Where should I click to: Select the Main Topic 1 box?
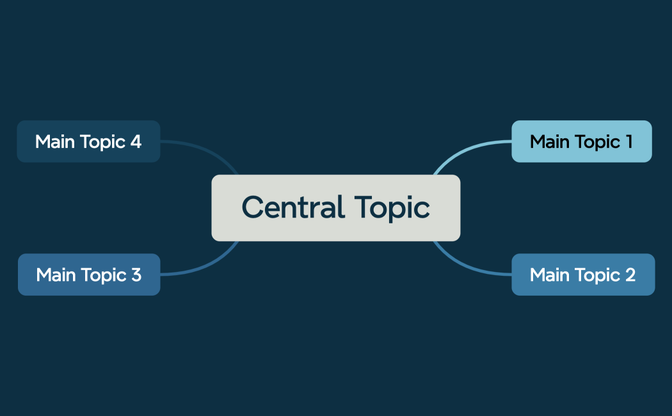[x=581, y=141]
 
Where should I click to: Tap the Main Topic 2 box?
[x=582, y=275]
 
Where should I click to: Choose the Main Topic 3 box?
[x=88, y=275]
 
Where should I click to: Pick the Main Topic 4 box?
[x=88, y=141]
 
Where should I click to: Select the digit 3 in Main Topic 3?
[x=136, y=275]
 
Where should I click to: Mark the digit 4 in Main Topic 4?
[x=136, y=141]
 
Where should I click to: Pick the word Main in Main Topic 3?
[x=56, y=275]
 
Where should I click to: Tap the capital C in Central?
[x=253, y=207]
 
